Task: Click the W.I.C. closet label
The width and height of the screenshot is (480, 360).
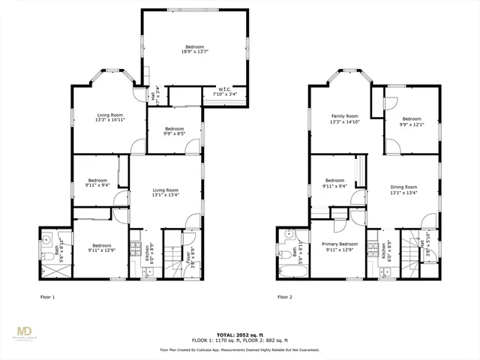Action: click(222, 92)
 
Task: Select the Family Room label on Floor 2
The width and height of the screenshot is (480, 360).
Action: click(345, 118)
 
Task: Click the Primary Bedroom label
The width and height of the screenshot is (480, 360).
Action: click(340, 247)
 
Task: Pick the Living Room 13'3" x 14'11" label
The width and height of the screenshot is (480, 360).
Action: click(109, 117)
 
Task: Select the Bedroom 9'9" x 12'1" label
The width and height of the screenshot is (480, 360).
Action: click(411, 121)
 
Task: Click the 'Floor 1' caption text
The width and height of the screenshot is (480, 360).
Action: click(47, 297)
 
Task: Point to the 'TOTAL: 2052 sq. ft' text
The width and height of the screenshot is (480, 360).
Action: click(240, 334)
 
